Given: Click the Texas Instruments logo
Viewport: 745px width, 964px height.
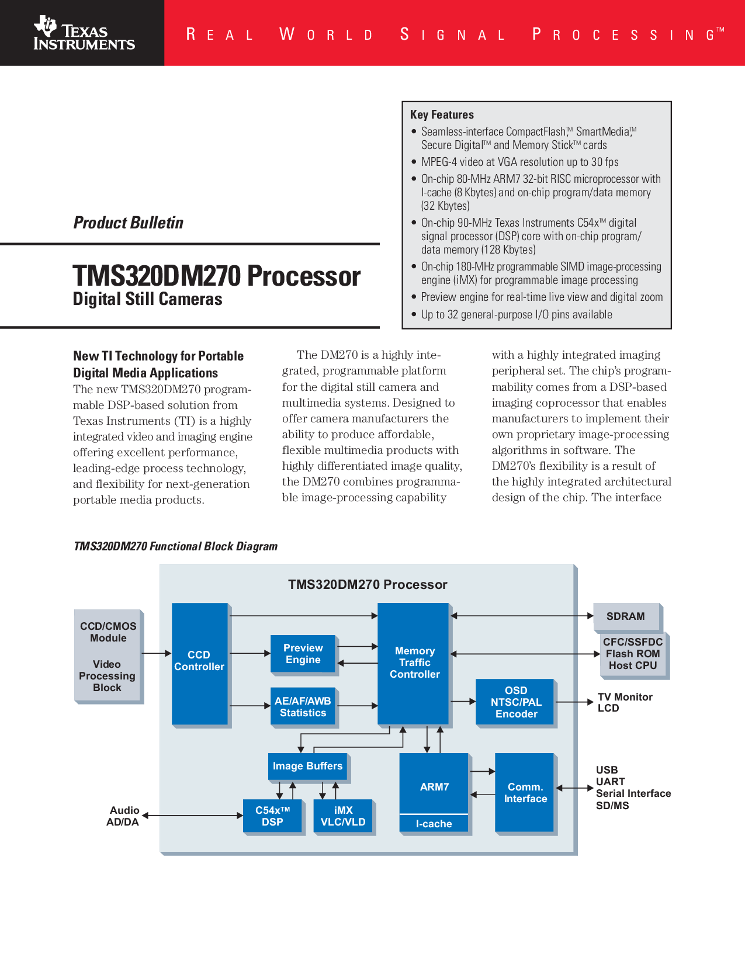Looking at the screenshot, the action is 84,33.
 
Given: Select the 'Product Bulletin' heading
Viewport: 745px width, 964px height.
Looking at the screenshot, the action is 128,223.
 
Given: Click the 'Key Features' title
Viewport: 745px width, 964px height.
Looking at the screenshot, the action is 442,115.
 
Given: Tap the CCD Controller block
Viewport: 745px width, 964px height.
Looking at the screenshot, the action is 200,664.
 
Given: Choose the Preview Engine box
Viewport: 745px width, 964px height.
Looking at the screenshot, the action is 303,654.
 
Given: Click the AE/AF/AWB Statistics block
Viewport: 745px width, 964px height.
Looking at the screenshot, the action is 303,706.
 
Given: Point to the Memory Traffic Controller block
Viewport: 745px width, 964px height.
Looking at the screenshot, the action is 413,663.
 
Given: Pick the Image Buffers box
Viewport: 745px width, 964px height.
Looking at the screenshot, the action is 307,766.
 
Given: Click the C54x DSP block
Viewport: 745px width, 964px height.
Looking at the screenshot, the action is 272,816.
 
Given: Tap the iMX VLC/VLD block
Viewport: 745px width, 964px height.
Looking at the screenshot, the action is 343,816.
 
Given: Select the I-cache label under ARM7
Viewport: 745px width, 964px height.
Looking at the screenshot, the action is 434,823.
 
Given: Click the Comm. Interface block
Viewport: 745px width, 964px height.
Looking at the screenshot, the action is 525,792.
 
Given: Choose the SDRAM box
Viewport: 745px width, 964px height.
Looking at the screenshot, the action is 626,616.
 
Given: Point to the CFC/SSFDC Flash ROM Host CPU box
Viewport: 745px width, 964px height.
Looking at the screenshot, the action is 633,654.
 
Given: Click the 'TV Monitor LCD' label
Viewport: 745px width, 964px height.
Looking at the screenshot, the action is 625,702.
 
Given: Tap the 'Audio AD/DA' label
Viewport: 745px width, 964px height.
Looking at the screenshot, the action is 123,816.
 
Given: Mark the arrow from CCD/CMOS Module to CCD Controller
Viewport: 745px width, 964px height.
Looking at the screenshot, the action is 156,653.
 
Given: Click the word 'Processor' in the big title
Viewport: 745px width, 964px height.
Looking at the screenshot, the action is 304,276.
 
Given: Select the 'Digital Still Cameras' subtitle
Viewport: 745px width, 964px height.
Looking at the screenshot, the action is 147,299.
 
